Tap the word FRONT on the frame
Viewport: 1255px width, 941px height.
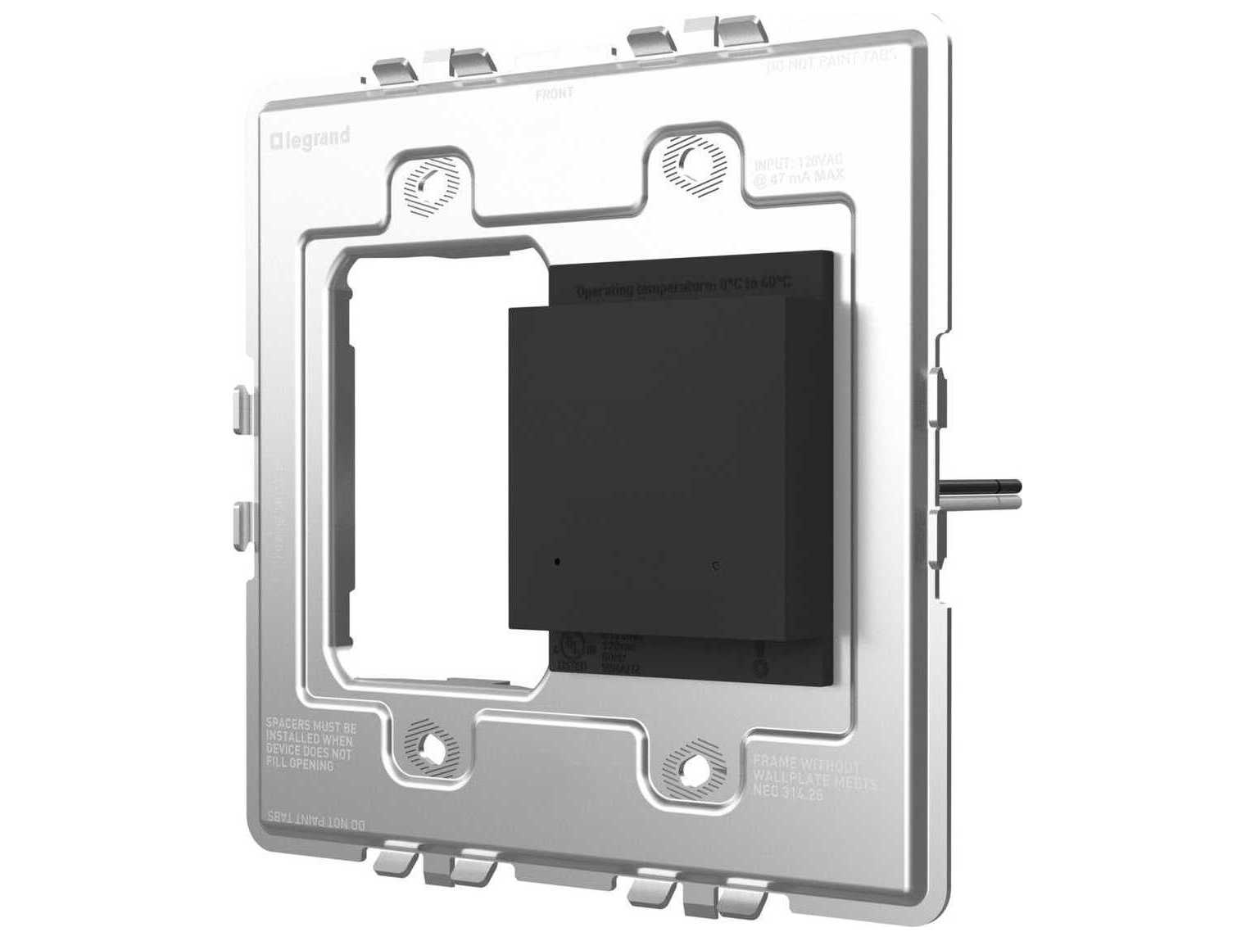point(555,93)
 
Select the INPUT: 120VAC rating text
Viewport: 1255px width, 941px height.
point(797,169)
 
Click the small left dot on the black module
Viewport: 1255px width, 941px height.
point(557,562)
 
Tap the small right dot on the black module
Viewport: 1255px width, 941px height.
point(717,565)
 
